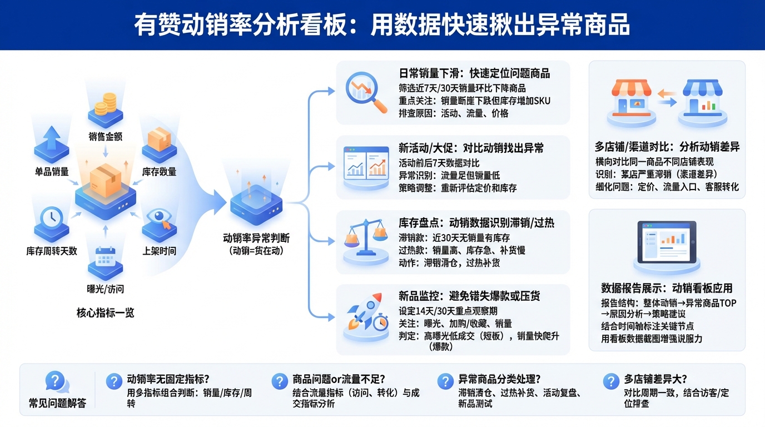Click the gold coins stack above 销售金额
click(105, 106)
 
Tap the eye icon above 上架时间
click(160, 219)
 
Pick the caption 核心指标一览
click(105, 312)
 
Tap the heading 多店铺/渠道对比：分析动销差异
click(667, 147)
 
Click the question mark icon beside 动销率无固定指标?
click(113, 381)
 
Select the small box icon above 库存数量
click(160, 140)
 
